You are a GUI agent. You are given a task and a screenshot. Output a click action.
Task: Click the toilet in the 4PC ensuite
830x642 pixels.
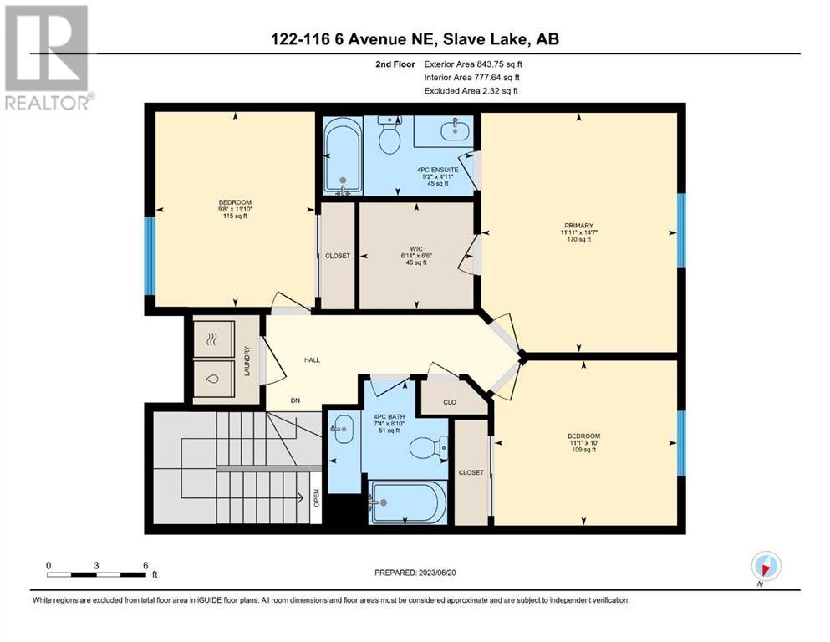click(x=389, y=135)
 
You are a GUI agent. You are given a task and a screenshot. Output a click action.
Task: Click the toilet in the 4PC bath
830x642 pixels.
click(x=430, y=447)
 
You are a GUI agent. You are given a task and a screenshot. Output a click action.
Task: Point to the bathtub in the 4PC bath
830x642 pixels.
click(x=408, y=502)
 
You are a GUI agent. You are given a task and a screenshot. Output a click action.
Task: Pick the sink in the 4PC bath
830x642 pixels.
click(x=343, y=425)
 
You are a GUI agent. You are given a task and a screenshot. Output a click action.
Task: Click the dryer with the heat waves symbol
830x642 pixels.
click(x=213, y=339)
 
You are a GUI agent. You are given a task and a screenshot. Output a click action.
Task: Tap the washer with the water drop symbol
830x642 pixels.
click(x=213, y=379)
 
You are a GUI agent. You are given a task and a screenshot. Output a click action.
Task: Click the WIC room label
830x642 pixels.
click(x=416, y=248)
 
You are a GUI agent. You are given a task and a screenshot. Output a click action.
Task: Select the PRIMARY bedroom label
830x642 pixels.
click(x=578, y=226)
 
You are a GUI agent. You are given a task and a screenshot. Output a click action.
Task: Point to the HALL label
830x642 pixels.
click(x=312, y=360)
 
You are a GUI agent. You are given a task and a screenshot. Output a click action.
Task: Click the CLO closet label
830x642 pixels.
click(x=450, y=402)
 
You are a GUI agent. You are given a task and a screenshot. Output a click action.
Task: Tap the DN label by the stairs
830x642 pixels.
click(x=295, y=400)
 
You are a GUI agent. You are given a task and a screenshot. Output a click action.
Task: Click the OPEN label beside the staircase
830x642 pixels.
click(x=317, y=497)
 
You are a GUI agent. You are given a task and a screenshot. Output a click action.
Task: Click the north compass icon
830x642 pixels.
click(x=766, y=566)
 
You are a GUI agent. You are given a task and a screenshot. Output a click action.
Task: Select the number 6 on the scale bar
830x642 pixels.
click(x=145, y=565)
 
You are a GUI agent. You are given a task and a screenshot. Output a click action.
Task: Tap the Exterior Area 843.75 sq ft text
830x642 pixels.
click(x=473, y=64)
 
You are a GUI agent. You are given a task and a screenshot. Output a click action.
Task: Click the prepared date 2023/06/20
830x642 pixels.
click(x=436, y=573)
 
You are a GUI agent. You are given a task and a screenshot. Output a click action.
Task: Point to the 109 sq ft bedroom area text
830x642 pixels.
click(x=584, y=450)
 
